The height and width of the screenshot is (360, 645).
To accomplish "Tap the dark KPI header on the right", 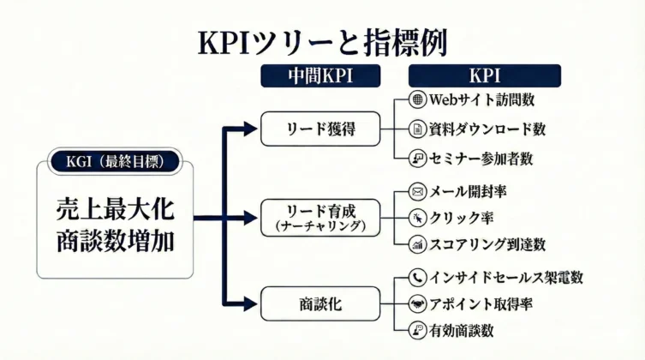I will click(485, 75).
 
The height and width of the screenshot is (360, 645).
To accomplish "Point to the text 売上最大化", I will click(115, 208).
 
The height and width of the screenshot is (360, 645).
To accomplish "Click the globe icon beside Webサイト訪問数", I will click(418, 99).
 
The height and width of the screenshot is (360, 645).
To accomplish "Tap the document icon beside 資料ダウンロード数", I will click(418, 129).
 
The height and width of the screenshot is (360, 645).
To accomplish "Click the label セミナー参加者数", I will click(485, 159).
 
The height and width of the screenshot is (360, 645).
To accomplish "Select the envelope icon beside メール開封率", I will click(418, 190).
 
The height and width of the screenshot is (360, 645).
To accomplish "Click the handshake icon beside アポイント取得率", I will click(418, 303).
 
